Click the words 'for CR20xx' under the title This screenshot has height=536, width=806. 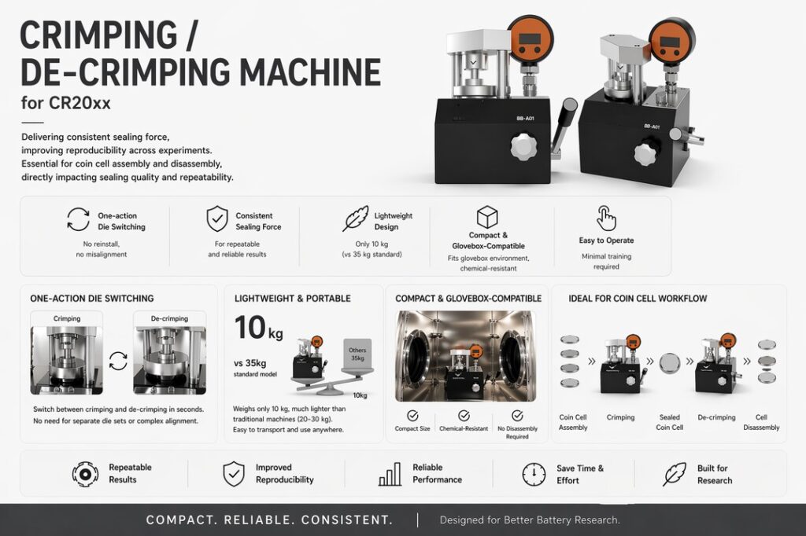tap(66, 103)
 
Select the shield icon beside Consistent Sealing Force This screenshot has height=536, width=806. tap(217, 219)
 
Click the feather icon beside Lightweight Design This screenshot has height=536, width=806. tap(356, 218)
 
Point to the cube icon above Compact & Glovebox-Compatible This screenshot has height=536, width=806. tap(486, 217)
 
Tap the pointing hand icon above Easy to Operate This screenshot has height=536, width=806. tap(605, 218)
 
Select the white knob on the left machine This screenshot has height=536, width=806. tap(523, 147)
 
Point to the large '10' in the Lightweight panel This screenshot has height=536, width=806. tap(250, 328)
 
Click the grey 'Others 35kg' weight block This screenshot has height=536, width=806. tap(357, 354)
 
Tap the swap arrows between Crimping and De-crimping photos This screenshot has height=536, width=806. tap(118, 361)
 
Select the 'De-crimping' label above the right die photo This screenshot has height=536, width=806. tap(170, 318)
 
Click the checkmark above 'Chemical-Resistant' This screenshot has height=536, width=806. tap(464, 415)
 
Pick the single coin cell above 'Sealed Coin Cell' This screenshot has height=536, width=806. tap(669, 362)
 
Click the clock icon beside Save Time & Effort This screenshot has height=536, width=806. tap(534, 473)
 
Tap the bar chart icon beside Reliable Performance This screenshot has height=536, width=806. tap(390, 473)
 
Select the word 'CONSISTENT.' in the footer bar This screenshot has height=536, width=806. tap(347, 519)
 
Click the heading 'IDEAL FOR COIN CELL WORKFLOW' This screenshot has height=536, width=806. tap(638, 299)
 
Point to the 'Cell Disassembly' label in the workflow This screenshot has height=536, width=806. tap(761, 422)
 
